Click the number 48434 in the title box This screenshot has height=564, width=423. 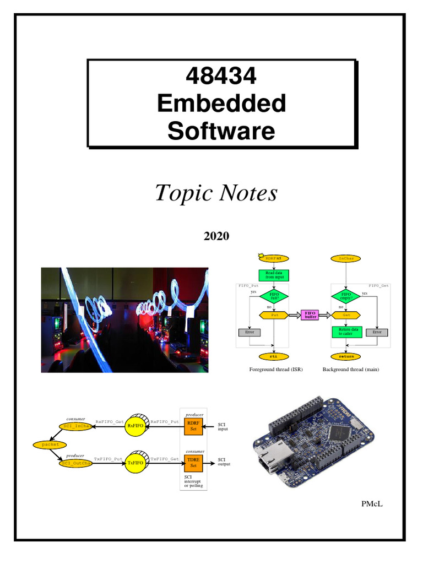coord(221,76)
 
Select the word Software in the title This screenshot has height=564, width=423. coord(221,131)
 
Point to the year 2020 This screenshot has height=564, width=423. coord(216,236)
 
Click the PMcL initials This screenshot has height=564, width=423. coord(372,502)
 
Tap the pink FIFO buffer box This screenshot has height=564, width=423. coord(311,315)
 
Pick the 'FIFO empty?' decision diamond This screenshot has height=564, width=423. coord(345,296)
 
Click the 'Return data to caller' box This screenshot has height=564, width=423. coord(345,332)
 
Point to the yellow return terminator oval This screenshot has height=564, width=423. coord(346,356)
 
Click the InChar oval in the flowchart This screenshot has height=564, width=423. coord(346,258)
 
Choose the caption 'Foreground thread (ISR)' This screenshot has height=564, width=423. coord(276,369)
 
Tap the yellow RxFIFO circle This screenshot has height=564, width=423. coord(135,426)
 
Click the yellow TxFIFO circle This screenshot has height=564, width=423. coord(135,463)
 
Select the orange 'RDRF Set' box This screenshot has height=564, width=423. coord(193,426)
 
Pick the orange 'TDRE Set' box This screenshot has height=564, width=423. coord(193,462)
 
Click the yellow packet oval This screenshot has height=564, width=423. coord(46,444)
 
